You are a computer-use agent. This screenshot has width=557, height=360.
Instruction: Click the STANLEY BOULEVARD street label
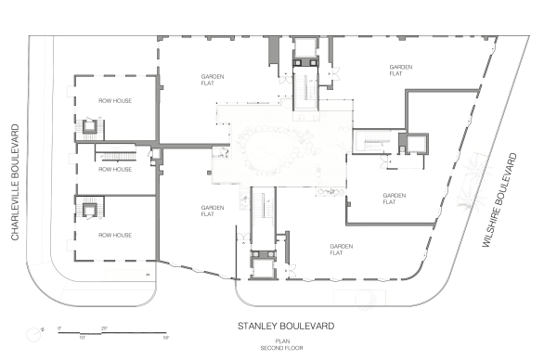point(286,327)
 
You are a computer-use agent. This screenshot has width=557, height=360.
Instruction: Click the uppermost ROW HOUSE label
point(116,100)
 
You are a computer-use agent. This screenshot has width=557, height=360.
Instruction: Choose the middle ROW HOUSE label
point(116,170)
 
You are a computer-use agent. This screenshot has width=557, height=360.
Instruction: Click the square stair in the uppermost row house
point(92,125)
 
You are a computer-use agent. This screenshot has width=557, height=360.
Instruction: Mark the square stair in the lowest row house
point(91,209)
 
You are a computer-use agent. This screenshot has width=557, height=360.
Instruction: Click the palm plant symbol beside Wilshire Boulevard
point(475,181)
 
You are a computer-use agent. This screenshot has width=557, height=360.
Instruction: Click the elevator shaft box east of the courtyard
point(413,142)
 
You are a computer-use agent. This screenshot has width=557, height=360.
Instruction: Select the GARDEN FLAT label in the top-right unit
point(400,71)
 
